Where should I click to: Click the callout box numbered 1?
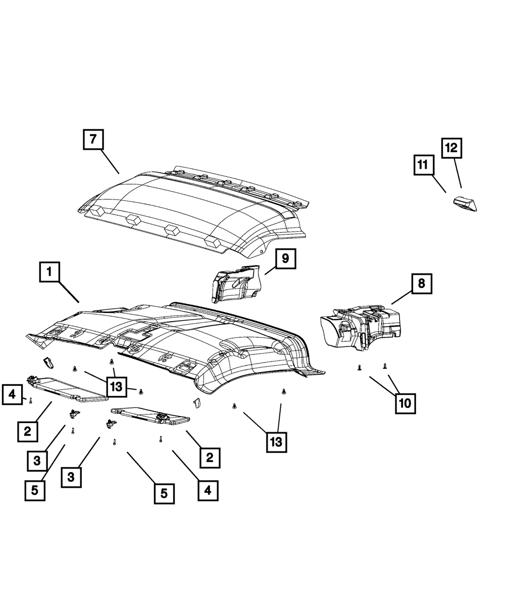[x=49, y=273]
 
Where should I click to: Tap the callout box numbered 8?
[x=421, y=284]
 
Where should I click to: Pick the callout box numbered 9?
[x=285, y=259]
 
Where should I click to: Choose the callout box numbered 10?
[x=406, y=403]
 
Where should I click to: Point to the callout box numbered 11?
[x=423, y=165]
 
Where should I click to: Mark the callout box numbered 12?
[x=451, y=148]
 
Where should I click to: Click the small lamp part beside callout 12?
[x=464, y=204]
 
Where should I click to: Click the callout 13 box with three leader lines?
[x=116, y=387]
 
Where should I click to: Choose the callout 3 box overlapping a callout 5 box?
[x=37, y=461]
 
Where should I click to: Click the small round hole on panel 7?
[x=261, y=250]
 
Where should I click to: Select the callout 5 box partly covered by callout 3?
[x=34, y=491]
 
